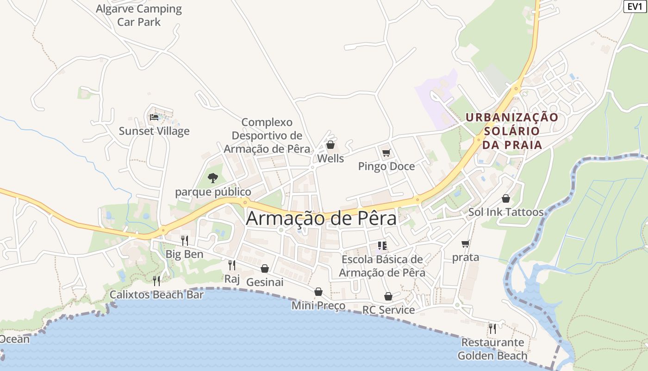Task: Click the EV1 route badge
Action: pyautogui.click(x=636, y=6)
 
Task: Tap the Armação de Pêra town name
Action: pyautogui.click(x=321, y=218)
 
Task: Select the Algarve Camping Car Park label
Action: pyautogui.click(x=139, y=15)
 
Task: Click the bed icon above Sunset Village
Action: pyautogui.click(x=154, y=117)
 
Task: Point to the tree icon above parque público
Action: pyautogui.click(x=213, y=178)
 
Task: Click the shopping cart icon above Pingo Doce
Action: pyautogui.click(x=386, y=153)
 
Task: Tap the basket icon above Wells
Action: pyautogui.click(x=330, y=145)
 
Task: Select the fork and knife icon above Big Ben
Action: pyautogui.click(x=184, y=240)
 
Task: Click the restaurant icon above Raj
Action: pyautogui.click(x=232, y=265)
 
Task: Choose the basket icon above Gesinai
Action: pyautogui.click(x=265, y=269)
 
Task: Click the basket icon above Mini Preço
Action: pyautogui.click(x=318, y=292)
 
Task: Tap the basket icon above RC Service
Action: pyautogui.click(x=388, y=296)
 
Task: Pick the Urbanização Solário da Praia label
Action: pyautogui.click(x=512, y=131)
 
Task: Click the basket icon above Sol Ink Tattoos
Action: pyautogui.click(x=506, y=198)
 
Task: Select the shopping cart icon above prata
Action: pyautogui.click(x=466, y=243)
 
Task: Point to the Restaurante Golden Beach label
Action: pyautogui.click(x=492, y=349)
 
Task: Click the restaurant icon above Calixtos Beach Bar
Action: pyautogui.click(x=156, y=281)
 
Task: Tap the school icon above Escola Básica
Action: pyautogui.click(x=382, y=245)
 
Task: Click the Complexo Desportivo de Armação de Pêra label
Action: pyautogui.click(x=267, y=135)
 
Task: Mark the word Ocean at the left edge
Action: pyautogui.click(x=14, y=339)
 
